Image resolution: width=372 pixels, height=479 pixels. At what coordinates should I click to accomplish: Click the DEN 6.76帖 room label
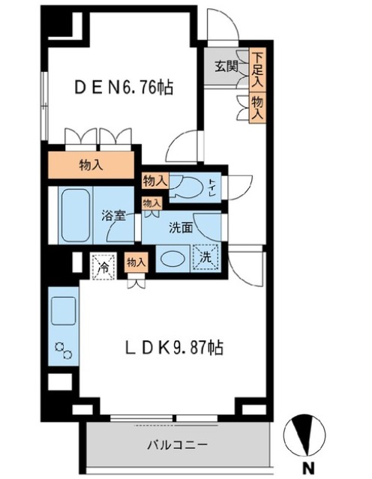pos(124,88)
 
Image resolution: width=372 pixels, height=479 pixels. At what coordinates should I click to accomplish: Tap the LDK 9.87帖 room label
pos(175,348)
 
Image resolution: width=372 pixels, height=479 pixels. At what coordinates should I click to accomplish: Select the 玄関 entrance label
pos(226,66)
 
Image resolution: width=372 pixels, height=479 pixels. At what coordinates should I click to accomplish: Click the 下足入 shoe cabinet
pos(258,70)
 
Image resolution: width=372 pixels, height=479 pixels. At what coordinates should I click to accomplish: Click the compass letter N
pos(308,468)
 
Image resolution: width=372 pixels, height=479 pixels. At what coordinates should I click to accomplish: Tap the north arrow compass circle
pos(304,435)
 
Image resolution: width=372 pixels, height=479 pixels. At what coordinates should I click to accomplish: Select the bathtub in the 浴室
pos(76,216)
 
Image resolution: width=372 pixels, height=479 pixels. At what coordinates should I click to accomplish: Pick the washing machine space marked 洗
pos(205,258)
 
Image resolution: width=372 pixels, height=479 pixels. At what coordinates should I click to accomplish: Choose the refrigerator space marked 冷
pos(103,266)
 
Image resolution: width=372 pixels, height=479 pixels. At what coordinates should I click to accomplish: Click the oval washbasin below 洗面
pos(173,259)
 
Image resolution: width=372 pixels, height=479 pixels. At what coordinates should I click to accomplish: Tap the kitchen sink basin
pos(64,310)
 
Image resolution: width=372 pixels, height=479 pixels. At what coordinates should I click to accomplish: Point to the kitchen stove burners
pos(63,350)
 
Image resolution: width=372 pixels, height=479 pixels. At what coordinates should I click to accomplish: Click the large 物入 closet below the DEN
pos(91,165)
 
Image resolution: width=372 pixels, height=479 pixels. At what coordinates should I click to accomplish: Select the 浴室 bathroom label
pos(113,217)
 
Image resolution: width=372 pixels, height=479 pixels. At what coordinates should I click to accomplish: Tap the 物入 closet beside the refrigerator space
pos(136,262)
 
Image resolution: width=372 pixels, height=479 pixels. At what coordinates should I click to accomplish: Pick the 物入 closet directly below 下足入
pos(258,107)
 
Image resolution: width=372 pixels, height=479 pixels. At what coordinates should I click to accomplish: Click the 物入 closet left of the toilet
pos(155,181)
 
